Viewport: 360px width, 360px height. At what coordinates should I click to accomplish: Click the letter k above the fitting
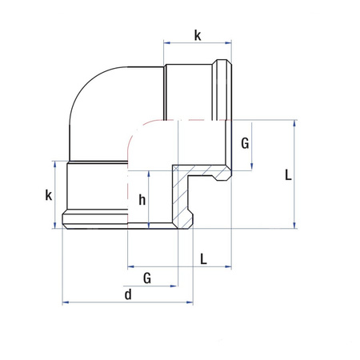point(198,35)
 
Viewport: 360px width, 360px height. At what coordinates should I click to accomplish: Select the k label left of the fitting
point(49,195)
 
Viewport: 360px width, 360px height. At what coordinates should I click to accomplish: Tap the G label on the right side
point(245,143)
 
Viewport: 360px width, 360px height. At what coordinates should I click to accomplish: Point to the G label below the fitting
point(147,278)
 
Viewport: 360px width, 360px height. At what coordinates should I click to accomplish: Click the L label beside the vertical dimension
point(288,175)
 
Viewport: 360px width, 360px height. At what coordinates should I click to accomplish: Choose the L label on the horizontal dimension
point(203,259)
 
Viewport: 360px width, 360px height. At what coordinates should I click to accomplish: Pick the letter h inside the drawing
point(142,199)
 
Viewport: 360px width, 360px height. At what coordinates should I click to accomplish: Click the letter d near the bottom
point(128,294)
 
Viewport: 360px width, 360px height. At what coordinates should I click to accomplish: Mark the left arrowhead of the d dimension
point(66,302)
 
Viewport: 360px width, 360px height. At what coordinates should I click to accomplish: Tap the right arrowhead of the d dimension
point(190,302)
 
